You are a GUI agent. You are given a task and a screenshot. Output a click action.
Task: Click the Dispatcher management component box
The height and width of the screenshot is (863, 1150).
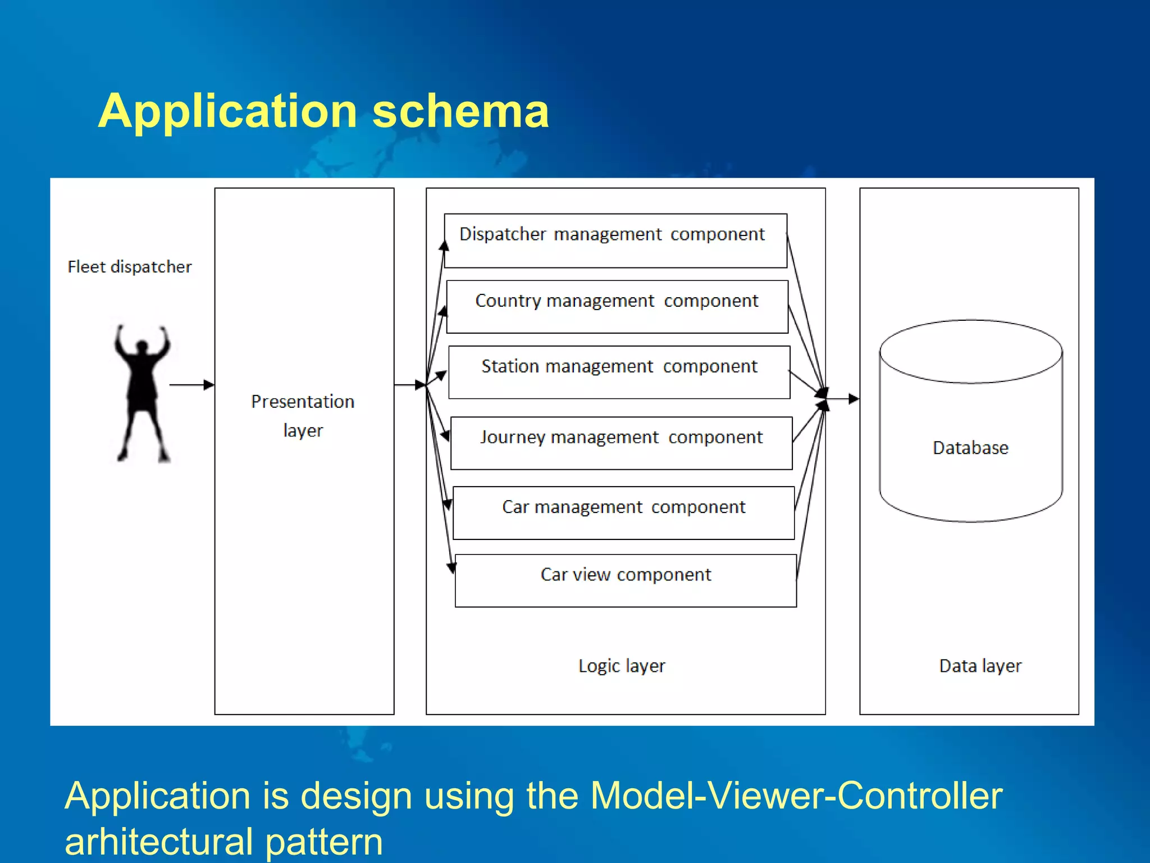[x=615, y=240]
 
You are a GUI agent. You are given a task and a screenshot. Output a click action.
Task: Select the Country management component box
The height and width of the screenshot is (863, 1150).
[x=617, y=307]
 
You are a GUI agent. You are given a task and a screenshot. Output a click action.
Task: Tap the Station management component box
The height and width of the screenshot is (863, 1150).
[x=619, y=373]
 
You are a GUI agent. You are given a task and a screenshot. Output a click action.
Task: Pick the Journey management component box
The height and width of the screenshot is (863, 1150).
[x=622, y=443]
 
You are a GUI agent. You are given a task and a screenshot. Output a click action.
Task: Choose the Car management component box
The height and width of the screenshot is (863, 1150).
[x=623, y=513]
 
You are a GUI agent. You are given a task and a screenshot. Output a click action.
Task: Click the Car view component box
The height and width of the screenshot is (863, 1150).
[x=626, y=580]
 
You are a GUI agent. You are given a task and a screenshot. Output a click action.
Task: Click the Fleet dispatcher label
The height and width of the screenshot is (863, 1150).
[x=130, y=266]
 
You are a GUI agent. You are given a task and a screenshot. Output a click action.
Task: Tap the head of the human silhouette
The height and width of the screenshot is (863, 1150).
[x=142, y=347]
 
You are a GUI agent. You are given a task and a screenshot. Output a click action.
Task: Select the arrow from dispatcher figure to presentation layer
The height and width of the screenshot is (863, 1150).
[x=191, y=385]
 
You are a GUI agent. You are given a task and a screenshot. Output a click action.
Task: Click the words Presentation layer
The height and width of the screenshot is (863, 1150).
[x=303, y=415]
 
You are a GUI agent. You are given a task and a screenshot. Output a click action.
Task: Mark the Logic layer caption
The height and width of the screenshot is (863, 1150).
[x=622, y=666]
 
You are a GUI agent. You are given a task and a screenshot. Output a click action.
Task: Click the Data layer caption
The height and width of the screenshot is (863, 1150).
[x=980, y=666]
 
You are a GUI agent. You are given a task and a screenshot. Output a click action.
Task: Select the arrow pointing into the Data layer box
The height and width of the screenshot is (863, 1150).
[x=844, y=399]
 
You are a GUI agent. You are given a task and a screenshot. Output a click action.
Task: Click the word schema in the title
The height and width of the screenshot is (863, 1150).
[x=460, y=111]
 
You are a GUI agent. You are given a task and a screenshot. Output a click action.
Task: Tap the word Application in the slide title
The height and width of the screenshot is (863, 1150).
[x=228, y=111]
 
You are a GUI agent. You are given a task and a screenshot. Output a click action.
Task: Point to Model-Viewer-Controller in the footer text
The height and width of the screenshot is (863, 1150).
[x=796, y=796]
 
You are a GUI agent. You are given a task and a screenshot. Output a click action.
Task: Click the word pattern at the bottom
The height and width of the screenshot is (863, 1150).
[x=324, y=841]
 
